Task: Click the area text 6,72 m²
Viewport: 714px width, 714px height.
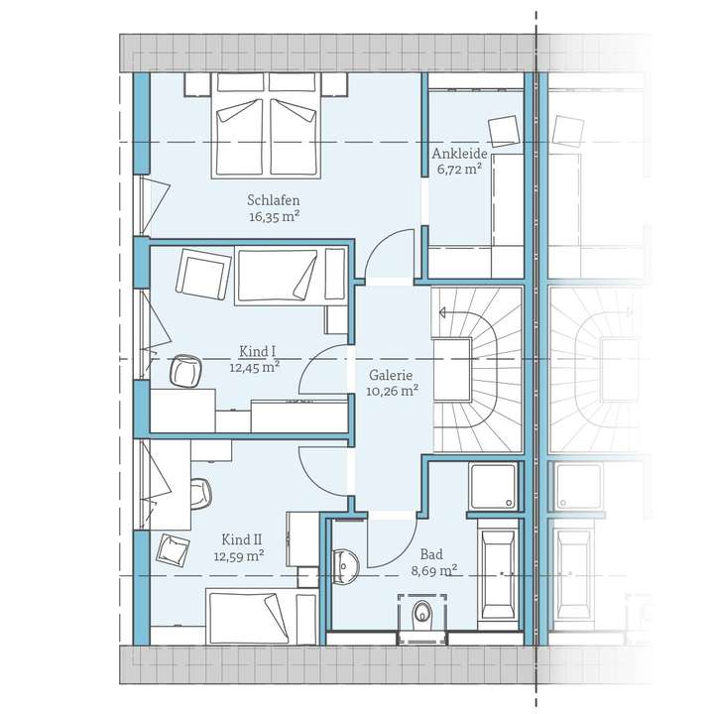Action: [457, 170]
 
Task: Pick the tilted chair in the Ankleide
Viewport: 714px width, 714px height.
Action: [504, 130]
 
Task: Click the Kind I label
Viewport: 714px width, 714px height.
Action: [258, 351]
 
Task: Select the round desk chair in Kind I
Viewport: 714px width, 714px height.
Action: [184, 370]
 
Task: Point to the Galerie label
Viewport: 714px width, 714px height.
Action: [391, 376]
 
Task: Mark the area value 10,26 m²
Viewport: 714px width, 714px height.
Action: [391, 392]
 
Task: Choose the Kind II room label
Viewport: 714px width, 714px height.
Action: [241, 539]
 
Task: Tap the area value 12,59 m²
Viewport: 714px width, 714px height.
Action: [239, 556]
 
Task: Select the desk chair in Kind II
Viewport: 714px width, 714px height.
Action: [198, 493]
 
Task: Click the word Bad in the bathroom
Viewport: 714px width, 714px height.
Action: [431, 554]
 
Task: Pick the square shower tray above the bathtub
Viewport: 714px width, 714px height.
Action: [493, 486]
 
